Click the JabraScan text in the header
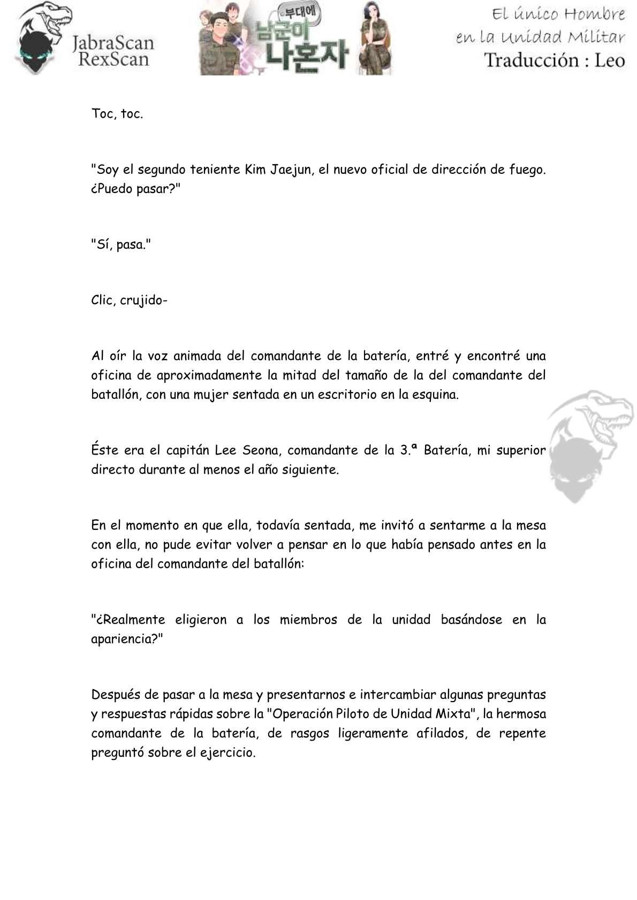tap(113, 43)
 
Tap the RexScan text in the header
tap(113, 59)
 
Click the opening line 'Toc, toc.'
tap(117, 114)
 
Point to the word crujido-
tap(144, 301)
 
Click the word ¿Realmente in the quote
tap(128, 620)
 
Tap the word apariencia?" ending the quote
tap(127, 639)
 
